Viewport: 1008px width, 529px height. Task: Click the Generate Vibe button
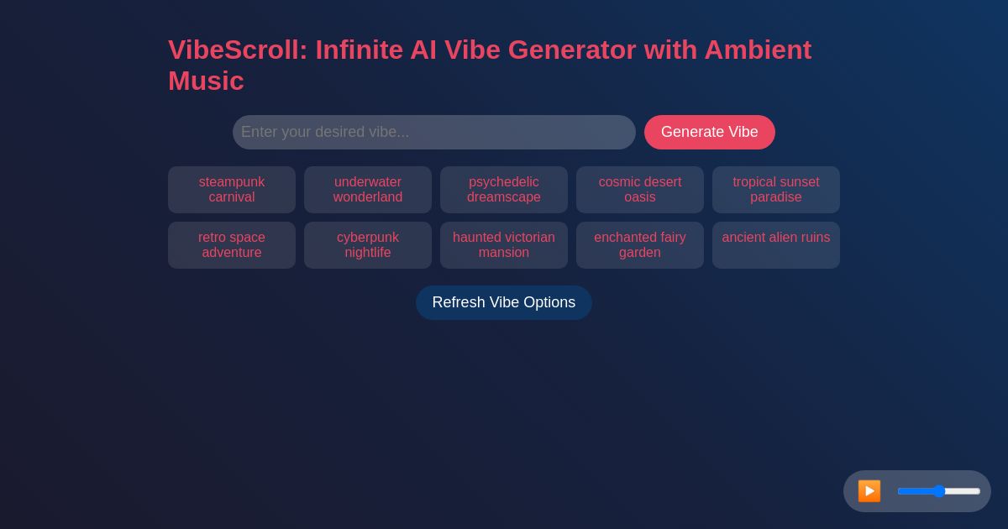[x=709, y=132]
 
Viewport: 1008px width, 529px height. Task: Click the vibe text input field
[x=433, y=132]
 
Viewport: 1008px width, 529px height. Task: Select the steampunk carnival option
[x=232, y=190]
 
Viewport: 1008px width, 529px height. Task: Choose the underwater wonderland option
[x=368, y=190]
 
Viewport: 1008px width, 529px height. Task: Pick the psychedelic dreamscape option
[x=504, y=190]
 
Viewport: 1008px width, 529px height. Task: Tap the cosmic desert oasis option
[x=640, y=190]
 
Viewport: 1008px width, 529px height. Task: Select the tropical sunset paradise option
[x=776, y=190]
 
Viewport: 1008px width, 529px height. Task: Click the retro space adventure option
[x=232, y=245]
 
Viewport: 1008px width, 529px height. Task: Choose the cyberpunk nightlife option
[x=368, y=245]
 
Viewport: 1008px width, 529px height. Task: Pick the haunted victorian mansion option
[x=504, y=245]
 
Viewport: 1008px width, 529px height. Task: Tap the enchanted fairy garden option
[x=640, y=245]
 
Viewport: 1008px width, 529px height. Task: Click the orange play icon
[x=869, y=491]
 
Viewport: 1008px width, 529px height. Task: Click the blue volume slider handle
[x=939, y=491]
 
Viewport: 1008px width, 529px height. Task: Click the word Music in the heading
[x=206, y=81]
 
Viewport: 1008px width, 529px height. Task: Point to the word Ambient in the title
[x=758, y=50]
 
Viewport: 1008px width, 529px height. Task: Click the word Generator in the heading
[x=572, y=50]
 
